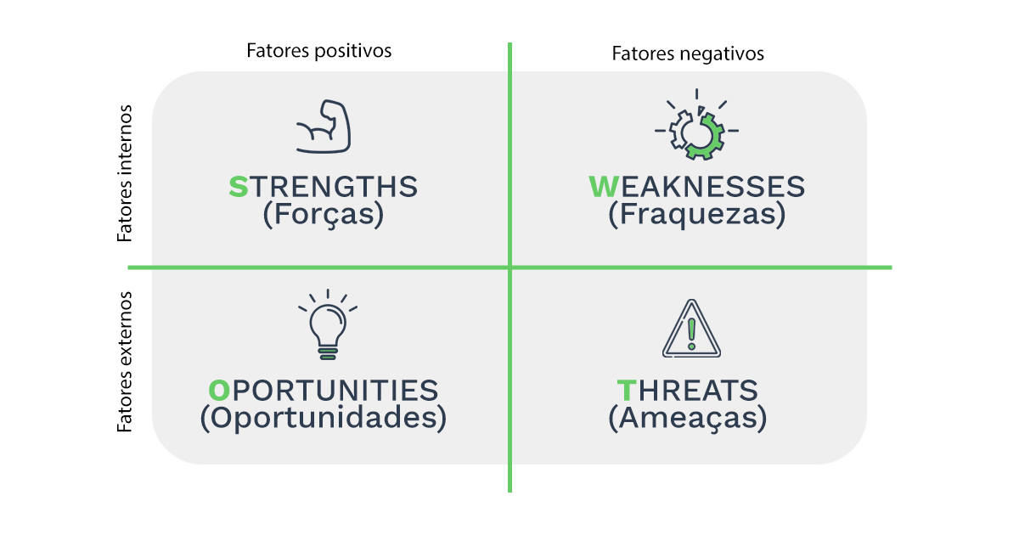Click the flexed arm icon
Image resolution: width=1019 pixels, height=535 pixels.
[x=324, y=126]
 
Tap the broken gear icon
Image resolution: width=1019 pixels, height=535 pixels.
[x=696, y=125]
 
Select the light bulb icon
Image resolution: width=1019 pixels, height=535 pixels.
[x=328, y=324]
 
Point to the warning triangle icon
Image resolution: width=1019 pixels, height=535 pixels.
[x=691, y=329]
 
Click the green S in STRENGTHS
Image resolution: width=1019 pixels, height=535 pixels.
[x=239, y=187]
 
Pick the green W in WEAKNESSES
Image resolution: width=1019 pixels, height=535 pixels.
[x=604, y=187]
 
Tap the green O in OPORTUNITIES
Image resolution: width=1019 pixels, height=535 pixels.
[x=219, y=391]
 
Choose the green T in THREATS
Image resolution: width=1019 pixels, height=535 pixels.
[x=626, y=391]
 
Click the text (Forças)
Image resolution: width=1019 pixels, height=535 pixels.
[x=324, y=214]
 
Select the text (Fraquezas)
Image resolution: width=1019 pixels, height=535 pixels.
[x=697, y=214]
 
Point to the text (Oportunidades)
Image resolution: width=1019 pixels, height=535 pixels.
[x=324, y=418]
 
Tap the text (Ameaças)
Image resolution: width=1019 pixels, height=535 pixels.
[x=688, y=418]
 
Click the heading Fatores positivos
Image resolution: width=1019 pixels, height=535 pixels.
[x=319, y=51]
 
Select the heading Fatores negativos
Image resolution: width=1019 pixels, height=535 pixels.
[x=688, y=53]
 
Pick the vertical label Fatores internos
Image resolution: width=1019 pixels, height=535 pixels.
[x=124, y=173]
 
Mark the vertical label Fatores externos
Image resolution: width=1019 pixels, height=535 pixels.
[x=124, y=362]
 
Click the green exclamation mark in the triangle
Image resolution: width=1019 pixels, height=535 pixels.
[x=691, y=334]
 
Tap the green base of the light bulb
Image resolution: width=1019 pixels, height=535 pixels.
[x=328, y=354]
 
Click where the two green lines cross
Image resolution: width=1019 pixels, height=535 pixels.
[x=510, y=267]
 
